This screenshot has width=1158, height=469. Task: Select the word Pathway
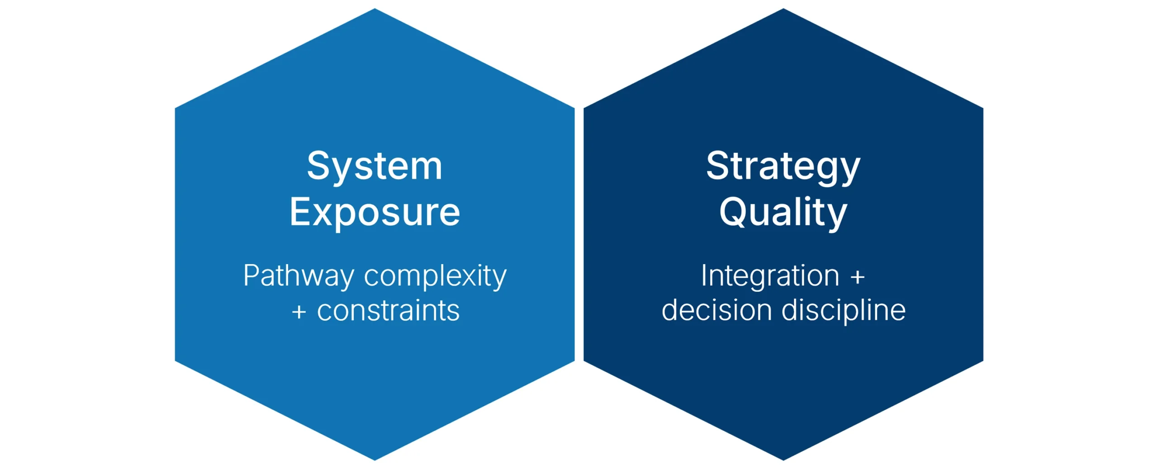299,277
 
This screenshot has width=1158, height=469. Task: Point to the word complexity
435,277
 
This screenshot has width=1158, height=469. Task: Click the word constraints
388,311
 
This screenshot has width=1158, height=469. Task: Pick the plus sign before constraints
299,312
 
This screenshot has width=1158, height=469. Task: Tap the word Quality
783,213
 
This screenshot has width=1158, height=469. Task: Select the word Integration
770,276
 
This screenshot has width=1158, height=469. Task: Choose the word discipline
844,311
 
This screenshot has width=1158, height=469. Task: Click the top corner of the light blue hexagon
375,9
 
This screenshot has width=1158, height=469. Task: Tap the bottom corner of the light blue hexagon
375,460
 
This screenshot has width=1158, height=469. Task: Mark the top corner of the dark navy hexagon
783,9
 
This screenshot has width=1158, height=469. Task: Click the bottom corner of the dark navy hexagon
783,460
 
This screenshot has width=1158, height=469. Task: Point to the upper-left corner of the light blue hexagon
175,108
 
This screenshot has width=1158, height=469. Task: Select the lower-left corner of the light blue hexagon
175,361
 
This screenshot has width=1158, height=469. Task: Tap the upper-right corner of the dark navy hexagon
983,108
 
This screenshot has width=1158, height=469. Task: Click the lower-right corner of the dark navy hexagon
983,361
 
